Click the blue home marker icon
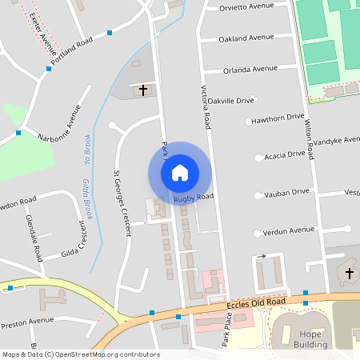pos(180,172)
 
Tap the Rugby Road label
pos(194,197)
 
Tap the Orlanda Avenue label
pos(250,69)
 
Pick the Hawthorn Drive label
pos(278,118)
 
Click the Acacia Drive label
pos(285,154)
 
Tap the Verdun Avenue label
pos(290,230)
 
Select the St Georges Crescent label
pos(122,204)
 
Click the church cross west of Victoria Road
pos(144,90)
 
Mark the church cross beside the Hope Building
pos(349,274)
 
